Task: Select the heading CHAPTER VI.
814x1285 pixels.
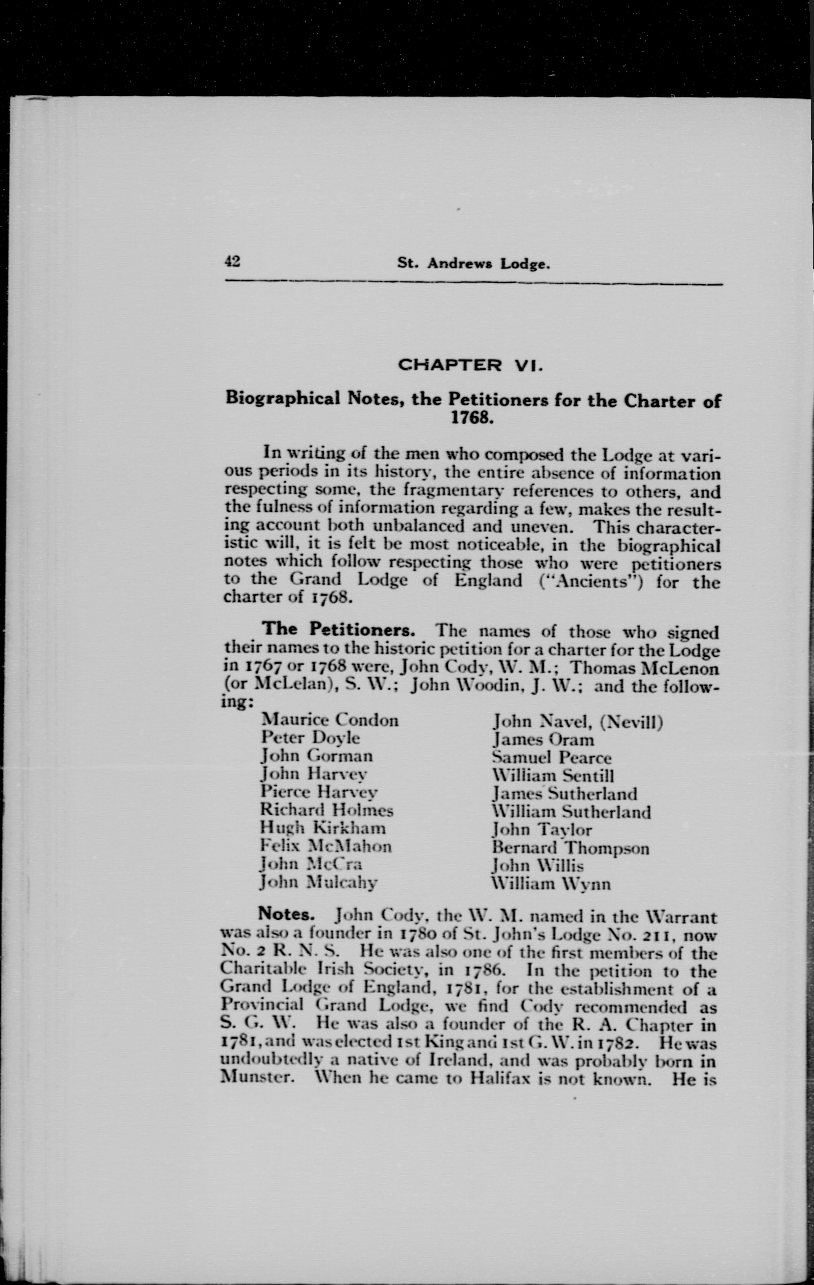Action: point(471,366)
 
